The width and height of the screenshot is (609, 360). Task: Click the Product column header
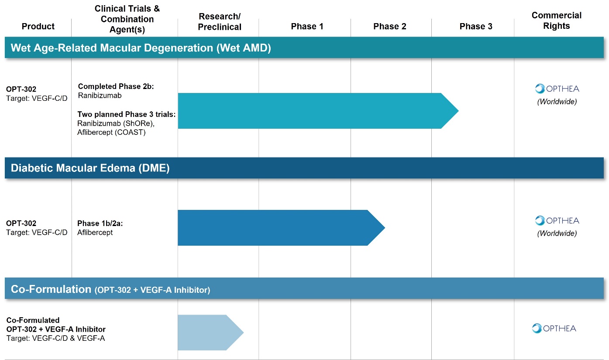pos(38,26)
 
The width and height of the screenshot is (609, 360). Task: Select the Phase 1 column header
pos(307,26)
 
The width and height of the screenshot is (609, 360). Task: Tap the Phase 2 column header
pos(389,26)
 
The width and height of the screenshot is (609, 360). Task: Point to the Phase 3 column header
pos(476,26)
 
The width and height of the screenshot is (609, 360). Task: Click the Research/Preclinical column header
pos(220,21)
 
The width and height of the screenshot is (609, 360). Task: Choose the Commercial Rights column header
pos(557,21)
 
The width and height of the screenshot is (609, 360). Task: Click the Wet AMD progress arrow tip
pos(458,111)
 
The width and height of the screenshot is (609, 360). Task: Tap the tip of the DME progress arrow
pos(385,228)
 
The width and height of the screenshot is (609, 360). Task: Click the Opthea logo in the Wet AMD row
pos(557,89)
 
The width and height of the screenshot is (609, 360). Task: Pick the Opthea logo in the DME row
pos(557,221)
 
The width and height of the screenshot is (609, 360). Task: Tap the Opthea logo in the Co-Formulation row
pos(554,329)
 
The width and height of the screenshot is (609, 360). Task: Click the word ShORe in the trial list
pos(137,123)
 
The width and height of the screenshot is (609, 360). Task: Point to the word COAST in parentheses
pos(130,132)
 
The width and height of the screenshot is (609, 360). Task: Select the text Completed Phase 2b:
pos(116,86)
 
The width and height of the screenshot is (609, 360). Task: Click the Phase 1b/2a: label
pos(100,223)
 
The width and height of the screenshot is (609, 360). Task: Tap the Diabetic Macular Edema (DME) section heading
pos(90,168)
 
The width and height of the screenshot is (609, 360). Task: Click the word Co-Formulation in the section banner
pos(51,289)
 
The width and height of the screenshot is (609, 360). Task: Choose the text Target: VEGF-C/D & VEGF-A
pos(55,338)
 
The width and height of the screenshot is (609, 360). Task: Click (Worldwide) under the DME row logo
pos(557,233)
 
